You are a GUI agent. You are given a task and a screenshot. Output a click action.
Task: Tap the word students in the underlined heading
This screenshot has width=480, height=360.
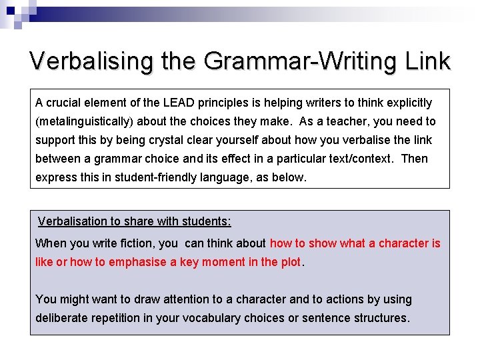[x=207, y=221]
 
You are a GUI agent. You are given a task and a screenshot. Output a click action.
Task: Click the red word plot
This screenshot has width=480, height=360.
[x=291, y=262]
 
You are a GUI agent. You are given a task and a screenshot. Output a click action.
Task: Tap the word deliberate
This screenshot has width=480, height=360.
[x=61, y=318]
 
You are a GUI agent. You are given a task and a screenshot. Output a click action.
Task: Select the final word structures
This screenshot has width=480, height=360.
[x=379, y=318]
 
